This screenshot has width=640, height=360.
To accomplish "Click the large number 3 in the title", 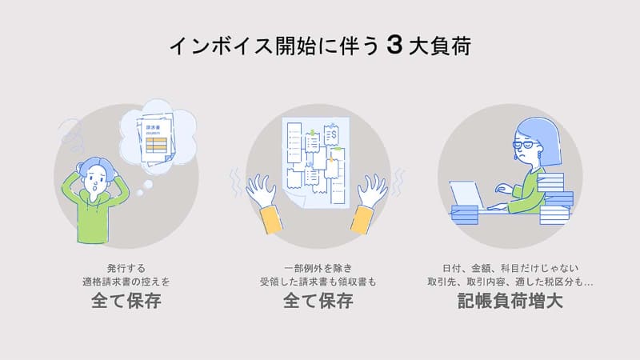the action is point(394,46).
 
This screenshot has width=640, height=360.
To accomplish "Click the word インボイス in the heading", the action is point(221,46).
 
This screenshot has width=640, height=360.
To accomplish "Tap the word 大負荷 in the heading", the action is point(440,46).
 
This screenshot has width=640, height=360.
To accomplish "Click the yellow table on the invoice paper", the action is point(156,145).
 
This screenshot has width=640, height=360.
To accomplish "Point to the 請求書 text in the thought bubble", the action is point(153,128).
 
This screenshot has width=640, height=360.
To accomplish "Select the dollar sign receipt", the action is point(331,134).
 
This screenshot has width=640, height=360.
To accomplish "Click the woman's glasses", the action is point(526,145).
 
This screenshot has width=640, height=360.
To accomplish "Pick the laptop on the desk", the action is point(467,195).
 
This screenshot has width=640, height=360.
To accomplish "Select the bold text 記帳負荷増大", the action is point(510,301).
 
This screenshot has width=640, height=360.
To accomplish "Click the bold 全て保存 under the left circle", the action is point(126,301).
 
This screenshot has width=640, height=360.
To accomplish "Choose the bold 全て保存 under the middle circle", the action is point(318,301).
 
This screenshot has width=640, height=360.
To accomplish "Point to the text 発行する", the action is point(126,268).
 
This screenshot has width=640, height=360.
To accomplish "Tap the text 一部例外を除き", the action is point(318,268).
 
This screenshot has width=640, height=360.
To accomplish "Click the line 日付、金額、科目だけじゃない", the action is point(510,268).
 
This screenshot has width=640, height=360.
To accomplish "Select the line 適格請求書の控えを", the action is point(126,282).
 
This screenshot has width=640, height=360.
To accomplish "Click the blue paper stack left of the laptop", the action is point(465,215).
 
